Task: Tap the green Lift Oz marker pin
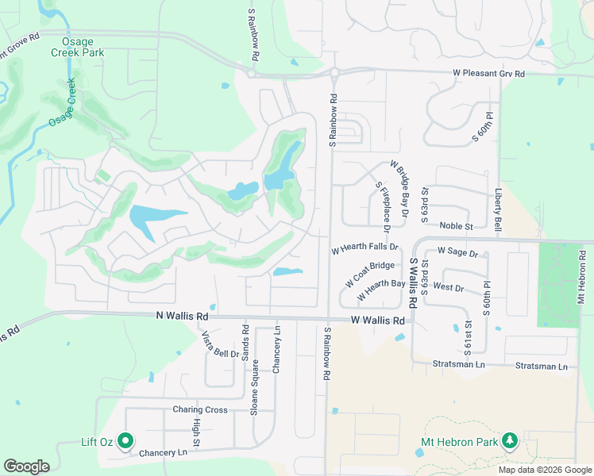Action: (125, 440)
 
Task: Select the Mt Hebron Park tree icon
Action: (509, 440)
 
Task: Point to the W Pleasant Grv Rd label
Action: (489, 74)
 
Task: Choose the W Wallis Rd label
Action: (378, 321)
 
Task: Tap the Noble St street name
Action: (456, 226)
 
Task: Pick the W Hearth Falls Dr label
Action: (364, 248)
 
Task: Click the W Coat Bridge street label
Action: (370, 274)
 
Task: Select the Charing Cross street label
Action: (200, 410)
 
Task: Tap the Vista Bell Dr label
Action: (220, 344)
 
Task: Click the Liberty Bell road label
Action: (499, 209)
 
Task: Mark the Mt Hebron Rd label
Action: (582, 277)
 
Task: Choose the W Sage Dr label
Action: (457, 253)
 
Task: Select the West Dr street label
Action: (449, 286)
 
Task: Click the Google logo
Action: (26, 466)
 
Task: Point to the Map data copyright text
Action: (544, 470)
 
